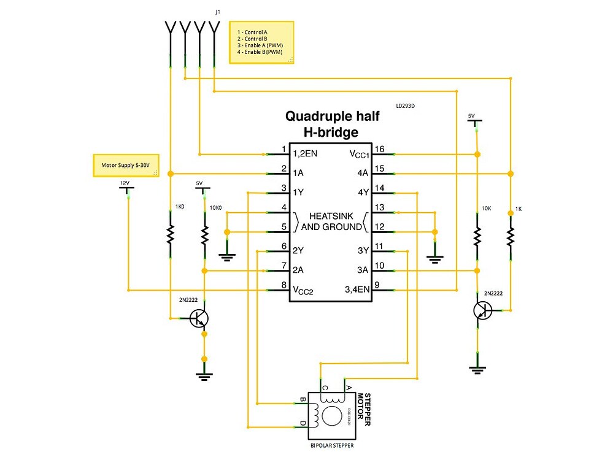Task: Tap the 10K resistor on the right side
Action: coord(477,235)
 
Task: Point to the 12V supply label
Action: coord(125,183)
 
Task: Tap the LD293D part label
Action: coord(406,105)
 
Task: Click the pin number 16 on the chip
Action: coord(380,150)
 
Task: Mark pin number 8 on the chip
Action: coord(283,285)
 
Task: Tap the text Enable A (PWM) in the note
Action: coord(263,45)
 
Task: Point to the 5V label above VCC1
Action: coord(471,115)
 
